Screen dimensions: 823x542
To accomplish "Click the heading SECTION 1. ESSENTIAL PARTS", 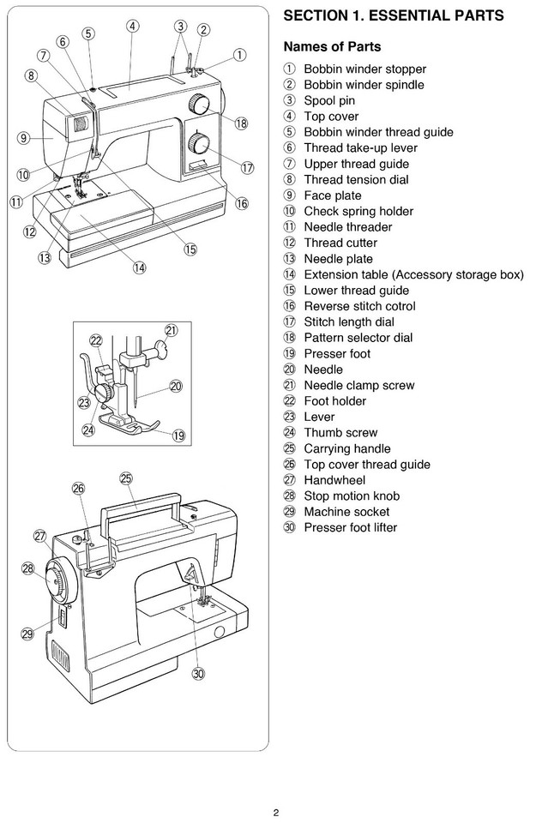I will (x=393, y=16).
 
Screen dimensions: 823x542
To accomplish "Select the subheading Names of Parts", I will (x=332, y=47).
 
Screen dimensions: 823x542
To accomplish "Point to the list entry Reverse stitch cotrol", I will (x=359, y=306).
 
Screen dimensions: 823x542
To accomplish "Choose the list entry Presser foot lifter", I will (x=350, y=527).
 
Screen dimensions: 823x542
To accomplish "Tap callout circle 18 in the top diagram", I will (x=241, y=123).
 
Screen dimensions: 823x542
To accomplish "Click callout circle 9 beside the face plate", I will (x=24, y=137).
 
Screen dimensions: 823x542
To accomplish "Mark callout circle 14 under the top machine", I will (x=138, y=267).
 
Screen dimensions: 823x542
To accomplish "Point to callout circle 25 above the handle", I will (x=126, y=478).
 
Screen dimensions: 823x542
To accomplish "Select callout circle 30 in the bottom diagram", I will (x=198, y=673).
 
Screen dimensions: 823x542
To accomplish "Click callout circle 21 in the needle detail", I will (x=172, y=330).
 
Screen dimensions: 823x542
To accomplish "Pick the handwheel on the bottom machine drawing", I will (x=61, y=586).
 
